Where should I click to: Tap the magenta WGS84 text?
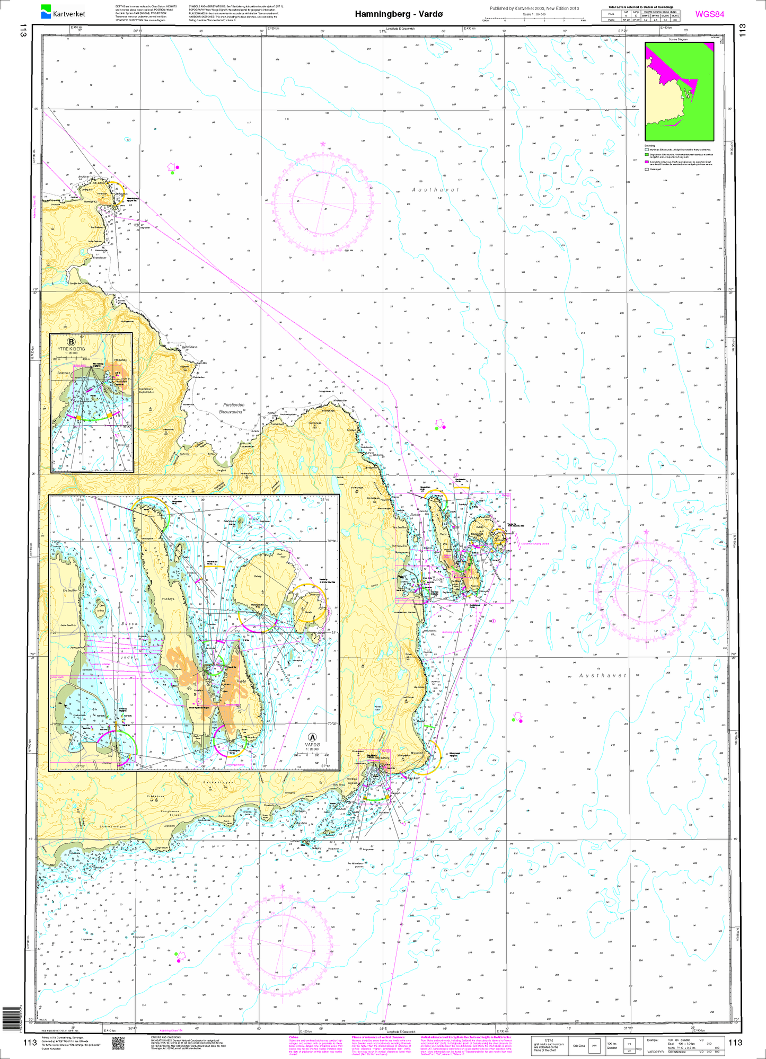coord(709,14)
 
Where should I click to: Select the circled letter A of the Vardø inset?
coord(312,737)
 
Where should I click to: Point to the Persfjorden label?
coord(231,404)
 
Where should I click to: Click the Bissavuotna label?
coord(231,411)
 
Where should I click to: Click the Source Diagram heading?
coord(678,39)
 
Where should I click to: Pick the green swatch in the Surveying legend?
coord(647,156)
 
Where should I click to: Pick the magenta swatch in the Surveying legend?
coord(647,162)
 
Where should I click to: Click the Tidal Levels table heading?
coord(648,7)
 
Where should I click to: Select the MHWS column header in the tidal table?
coord(646,16)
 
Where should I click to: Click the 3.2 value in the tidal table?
coord(646,20)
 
